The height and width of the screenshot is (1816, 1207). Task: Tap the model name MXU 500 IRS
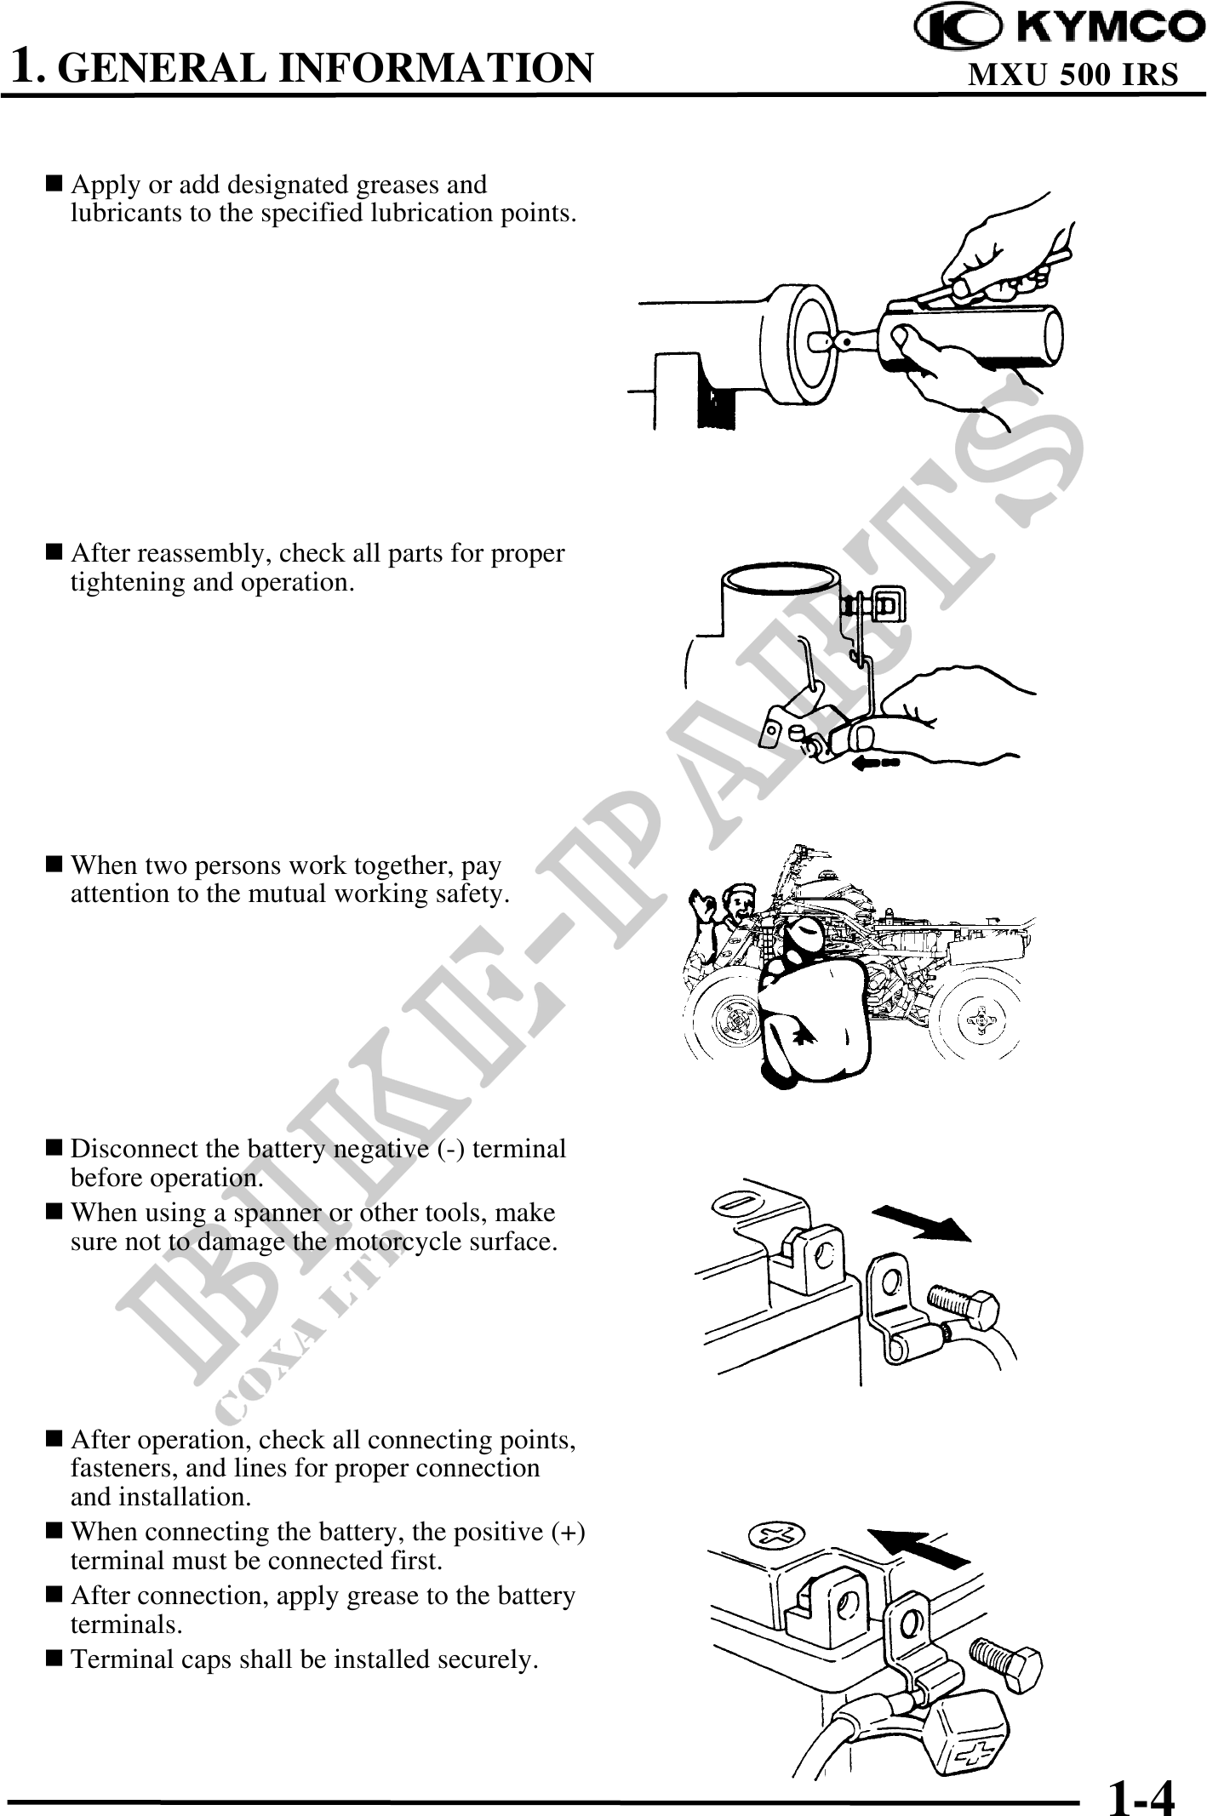coord(1073,75)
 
